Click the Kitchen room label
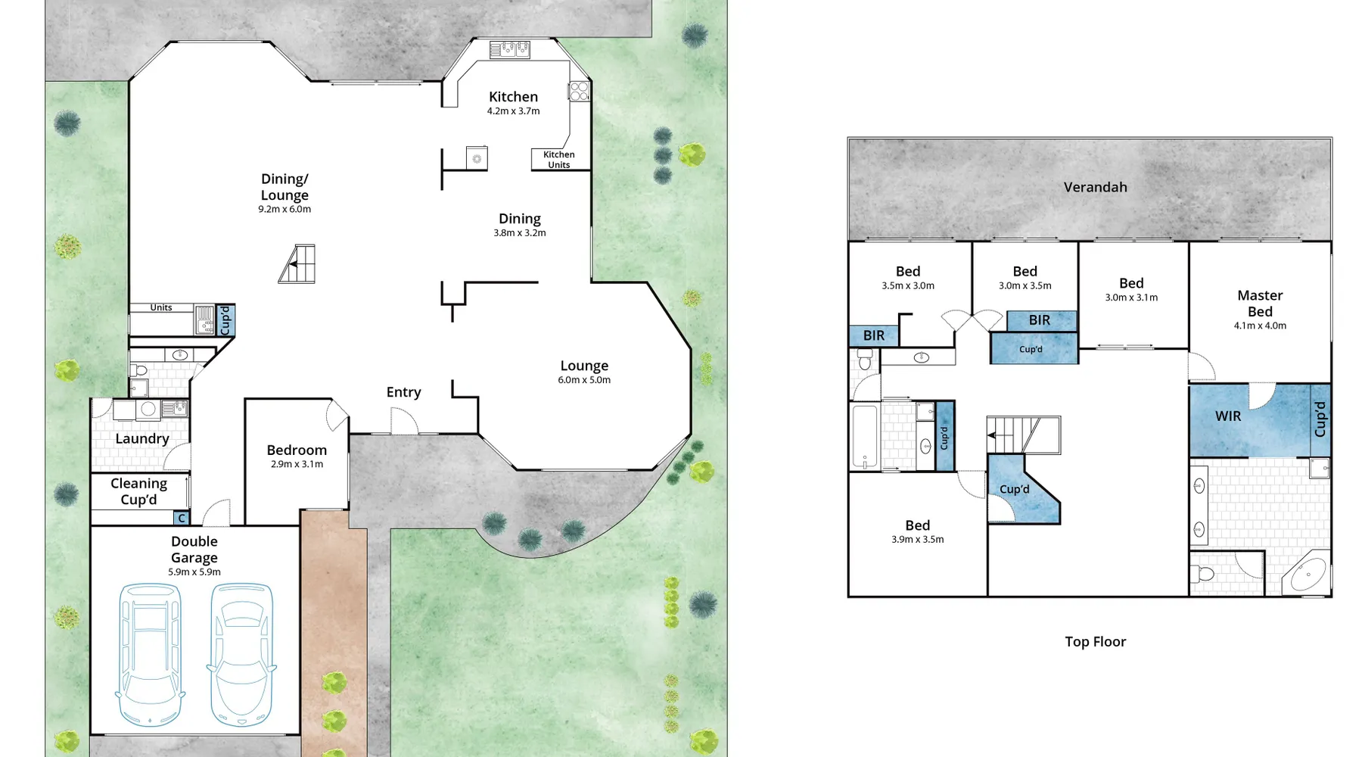513,97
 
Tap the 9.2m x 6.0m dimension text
285,210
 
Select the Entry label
403,392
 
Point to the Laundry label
142,439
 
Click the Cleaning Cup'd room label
138,491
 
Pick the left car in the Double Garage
151,655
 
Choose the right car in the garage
241,655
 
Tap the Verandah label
1095,187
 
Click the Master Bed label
1260,304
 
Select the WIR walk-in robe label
1228,416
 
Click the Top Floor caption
1095,642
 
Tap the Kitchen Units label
559,160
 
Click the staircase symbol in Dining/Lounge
297,264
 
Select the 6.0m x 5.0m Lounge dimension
584,380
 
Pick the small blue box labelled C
181,519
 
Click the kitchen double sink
509,50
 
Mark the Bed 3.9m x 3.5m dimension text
917,540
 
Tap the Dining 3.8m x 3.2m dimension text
520,233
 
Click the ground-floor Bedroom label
297,450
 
